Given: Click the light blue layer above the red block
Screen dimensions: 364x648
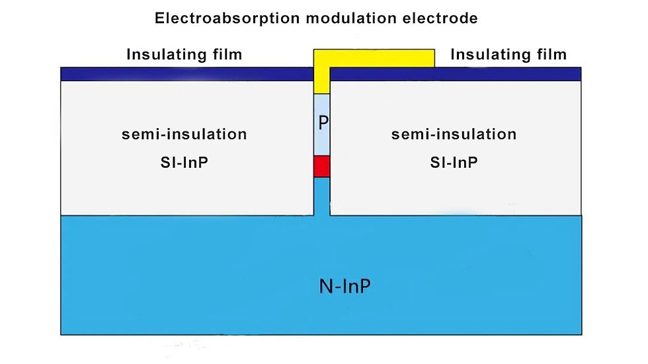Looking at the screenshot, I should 321,140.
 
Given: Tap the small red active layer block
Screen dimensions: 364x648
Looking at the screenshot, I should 321,166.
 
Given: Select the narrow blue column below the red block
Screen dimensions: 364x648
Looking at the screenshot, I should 321,196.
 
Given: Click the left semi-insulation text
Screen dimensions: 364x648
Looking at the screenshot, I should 184,135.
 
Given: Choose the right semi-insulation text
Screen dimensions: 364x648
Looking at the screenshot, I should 454,135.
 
